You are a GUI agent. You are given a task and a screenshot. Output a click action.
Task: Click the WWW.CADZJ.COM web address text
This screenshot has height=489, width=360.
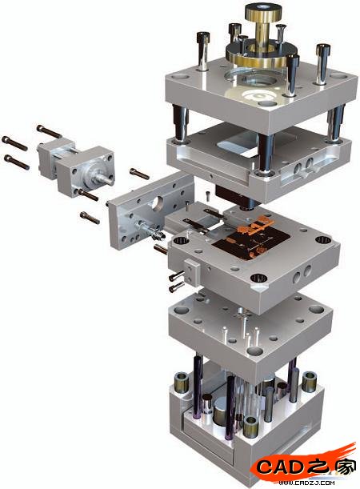(x=306, y=483)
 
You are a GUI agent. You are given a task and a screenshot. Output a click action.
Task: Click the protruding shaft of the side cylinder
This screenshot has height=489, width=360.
(x=106, y=178)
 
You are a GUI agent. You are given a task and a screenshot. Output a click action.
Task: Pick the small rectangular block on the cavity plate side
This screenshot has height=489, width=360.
(x=192, y=271)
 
